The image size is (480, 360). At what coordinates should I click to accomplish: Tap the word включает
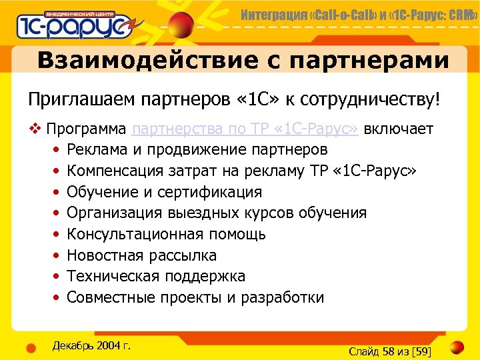pos(399,129)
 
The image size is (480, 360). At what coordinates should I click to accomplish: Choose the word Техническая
pos(109,277)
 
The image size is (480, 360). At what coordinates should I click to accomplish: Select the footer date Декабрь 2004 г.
pos(91,345)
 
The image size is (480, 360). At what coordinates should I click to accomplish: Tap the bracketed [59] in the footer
pos(422,351)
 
